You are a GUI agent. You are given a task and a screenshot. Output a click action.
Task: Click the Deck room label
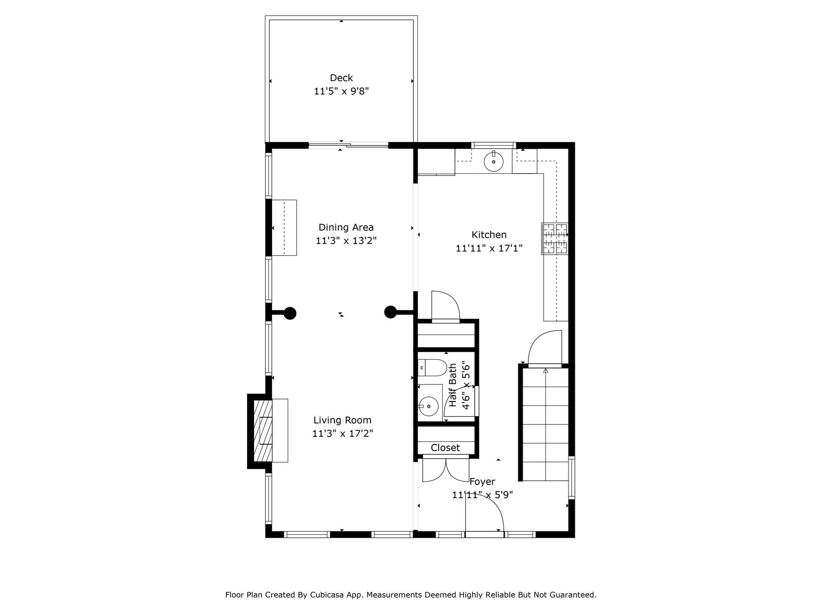click(341, 78)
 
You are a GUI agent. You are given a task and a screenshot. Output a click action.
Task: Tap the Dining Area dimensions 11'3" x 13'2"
click(346, 241)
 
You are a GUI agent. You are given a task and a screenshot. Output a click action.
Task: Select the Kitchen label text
click(488, 235)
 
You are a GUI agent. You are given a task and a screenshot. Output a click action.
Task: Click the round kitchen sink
click(493, 162)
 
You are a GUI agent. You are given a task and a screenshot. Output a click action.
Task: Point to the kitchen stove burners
click(555, 239)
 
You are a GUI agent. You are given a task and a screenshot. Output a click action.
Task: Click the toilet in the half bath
click(433, 367)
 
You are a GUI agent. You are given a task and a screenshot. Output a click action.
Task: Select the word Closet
click(445, 448)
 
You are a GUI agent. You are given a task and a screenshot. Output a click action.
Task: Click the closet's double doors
click(446, 470)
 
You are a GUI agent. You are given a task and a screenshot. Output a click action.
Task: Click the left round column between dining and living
click(290, 313)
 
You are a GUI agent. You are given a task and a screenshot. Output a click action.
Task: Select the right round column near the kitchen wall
click(390, 312)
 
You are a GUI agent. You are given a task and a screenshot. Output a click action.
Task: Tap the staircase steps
click(545, 425)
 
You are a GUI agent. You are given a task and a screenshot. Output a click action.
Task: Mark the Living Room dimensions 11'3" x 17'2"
click(342, 434)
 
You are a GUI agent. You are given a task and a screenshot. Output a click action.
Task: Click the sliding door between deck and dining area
click(348, 145)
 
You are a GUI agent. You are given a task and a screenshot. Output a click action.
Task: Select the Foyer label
click(482, 482)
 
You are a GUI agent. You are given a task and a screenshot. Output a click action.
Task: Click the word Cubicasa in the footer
click(326, 595)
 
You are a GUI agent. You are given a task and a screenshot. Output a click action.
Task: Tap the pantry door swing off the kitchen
click(445, 306)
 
